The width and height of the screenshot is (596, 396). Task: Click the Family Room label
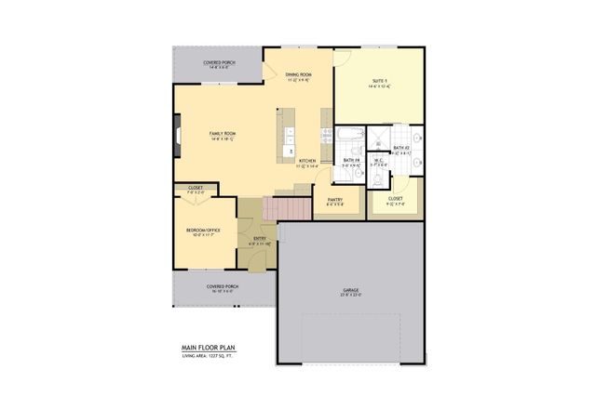pyautogui.click(x=222, y=134)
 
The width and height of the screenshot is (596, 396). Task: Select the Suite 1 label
pyautogui.click(x=379, y=82)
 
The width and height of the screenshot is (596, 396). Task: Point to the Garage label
pyautogui.click(x=350, y=291)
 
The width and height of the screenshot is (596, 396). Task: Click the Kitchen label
pyautogui.click(x=307, y=162)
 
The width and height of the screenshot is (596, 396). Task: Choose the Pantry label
pyautogui.click(x=335, y=200)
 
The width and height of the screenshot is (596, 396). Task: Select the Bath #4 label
pyautogui.click(x=350, y=161)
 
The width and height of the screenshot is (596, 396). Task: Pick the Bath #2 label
pyautogui.click(x=401, y=148)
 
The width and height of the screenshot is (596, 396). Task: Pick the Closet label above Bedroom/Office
pyautogui.click(x=196, y=188)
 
